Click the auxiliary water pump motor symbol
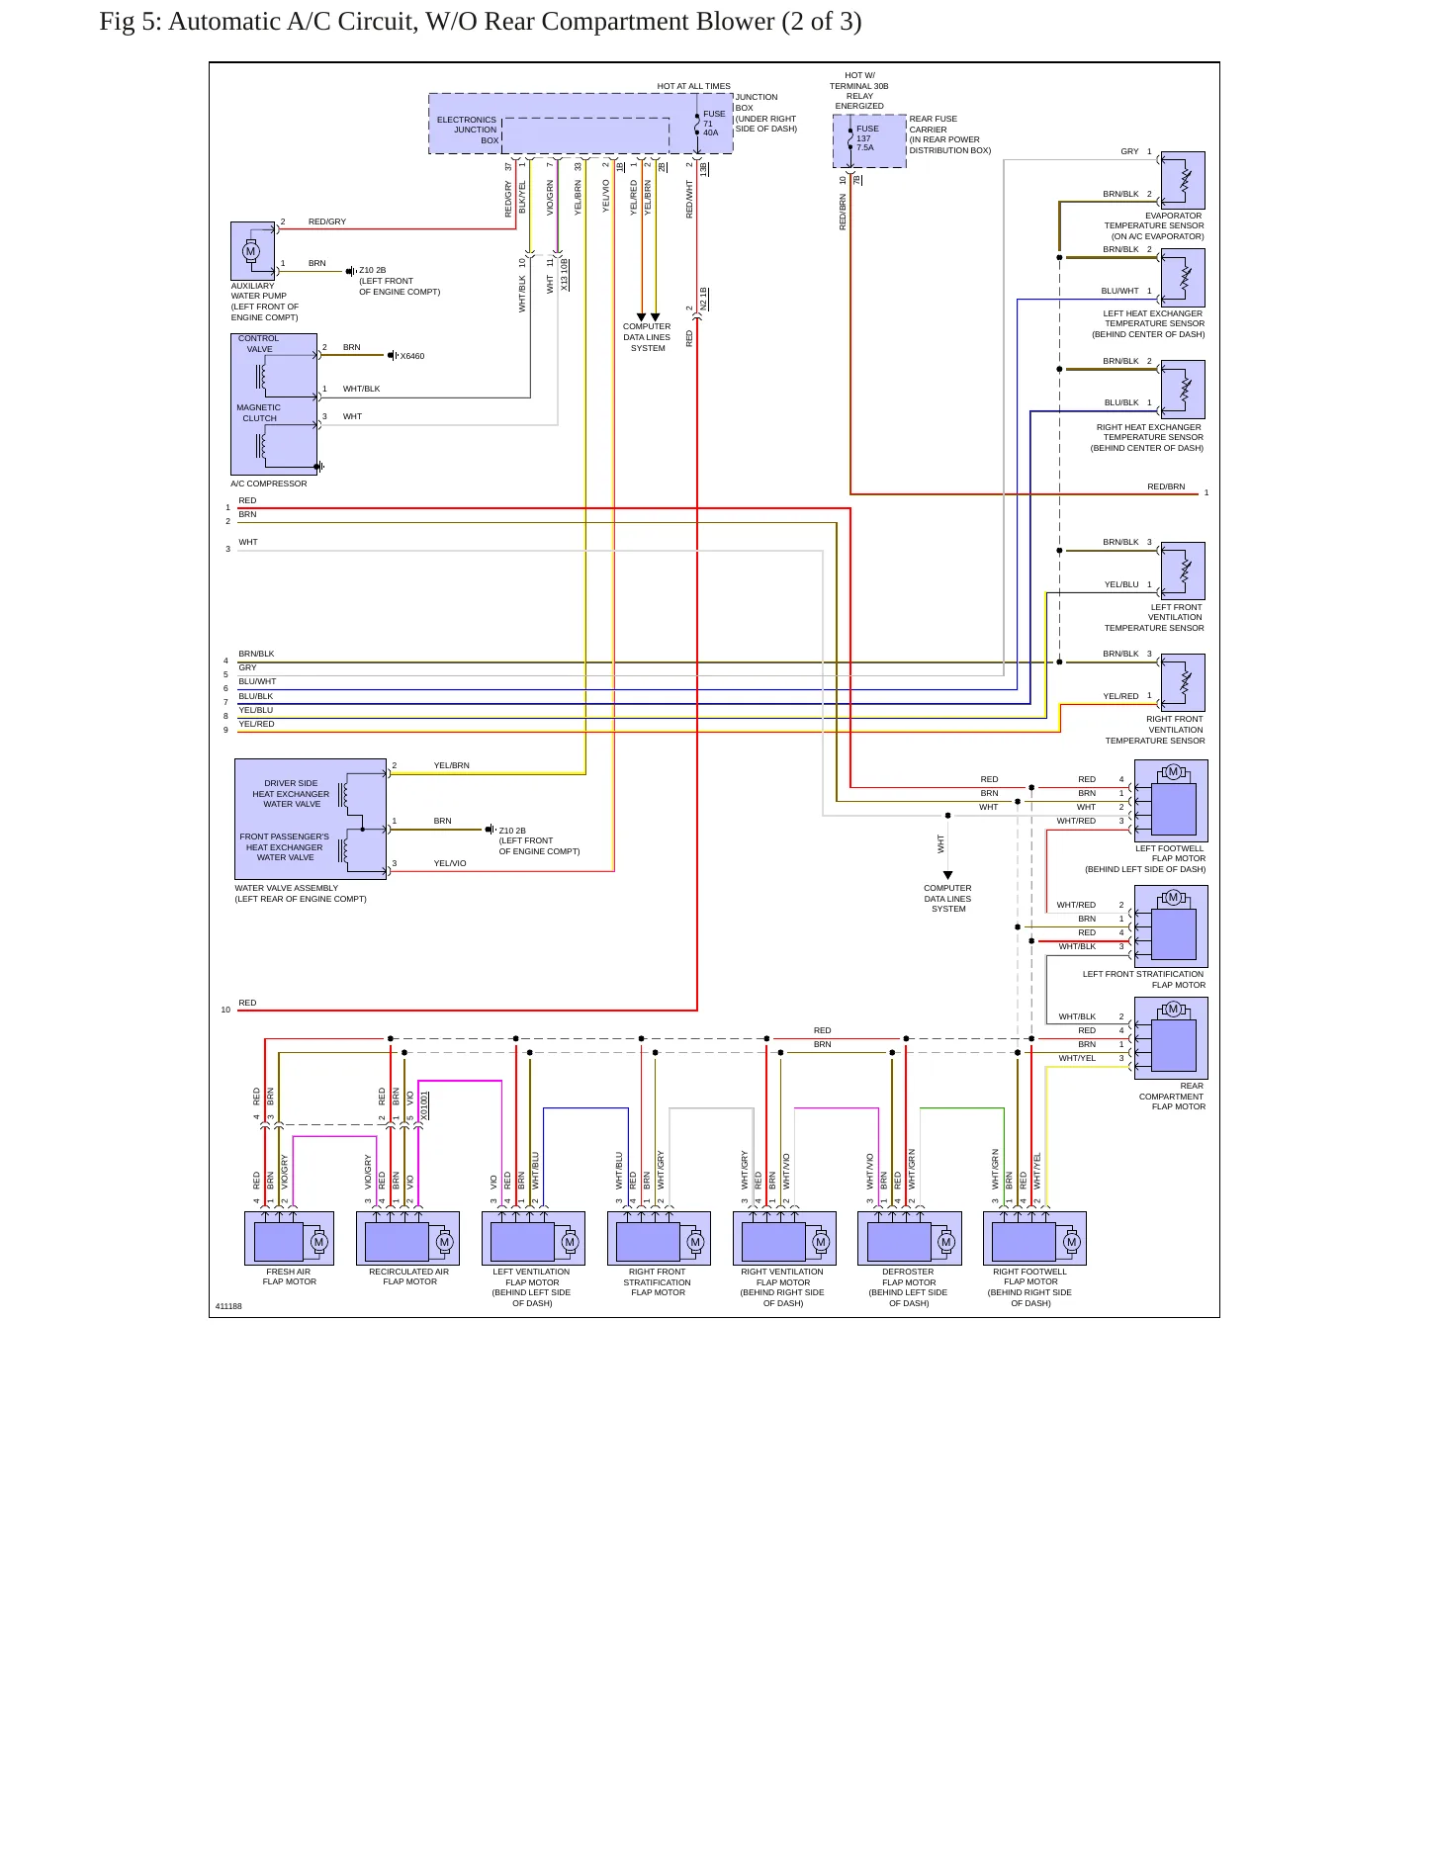pyautogui.click(x=251, y=250)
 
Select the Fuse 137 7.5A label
pyautogui.click(x=866, y=137)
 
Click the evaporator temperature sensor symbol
pyautogui.click(x=1183, y=180)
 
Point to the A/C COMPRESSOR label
pyautogui.click(x=269, y=484)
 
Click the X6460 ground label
pyautogui.click(x=412, y=356)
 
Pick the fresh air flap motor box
pyautogui.click(x=289, y=1238)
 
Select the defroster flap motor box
pyautogui.click(x=910, y=1238)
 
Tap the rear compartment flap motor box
pyautogui.click(x=1171, y=1037)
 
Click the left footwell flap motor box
pyautogui.click(x=1171, y=800)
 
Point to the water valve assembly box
pyautogui.click(x=311, y=819)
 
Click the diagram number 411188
pyautogui.click(x=228, y=1306)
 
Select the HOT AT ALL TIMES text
pyautogui.click(x=694, y=86)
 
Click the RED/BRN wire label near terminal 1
pyautogui.click(x=1166, y=486)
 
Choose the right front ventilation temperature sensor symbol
pyautogui.click(x=1183, y=682)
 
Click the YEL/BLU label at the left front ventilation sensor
pyautogui.click(x=1121, y=584)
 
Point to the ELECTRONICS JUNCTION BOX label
pyautogui.click(x=468, y=130)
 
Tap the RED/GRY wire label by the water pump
pyautogui.click(x=327, y=221)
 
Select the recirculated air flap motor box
pyautogui.click(x=407, y=1238)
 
